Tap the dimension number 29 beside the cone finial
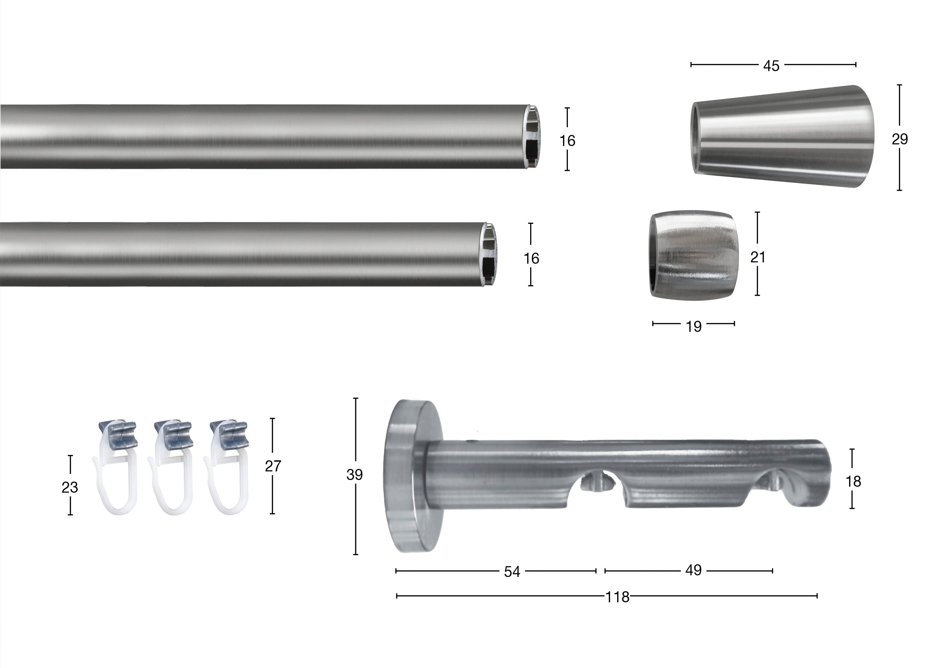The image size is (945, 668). pyautogui.click(x=900, y=139)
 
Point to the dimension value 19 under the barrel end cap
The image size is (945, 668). pyautogui.click(x=693, y=326)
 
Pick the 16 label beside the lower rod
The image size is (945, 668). pyautogui.click(x=531, y=259)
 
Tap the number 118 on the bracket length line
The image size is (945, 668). pyautogui.click(x=617, y=597)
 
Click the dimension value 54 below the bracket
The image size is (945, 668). pyautogui.click(x=512, y=572)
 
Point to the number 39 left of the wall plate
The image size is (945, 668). pyautogui.click(x=355, y=475)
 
